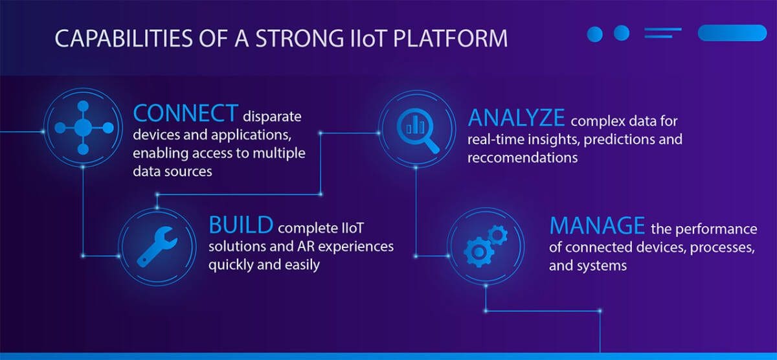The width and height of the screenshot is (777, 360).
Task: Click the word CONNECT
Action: point(186,113)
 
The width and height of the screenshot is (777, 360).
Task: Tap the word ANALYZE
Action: point(516,118)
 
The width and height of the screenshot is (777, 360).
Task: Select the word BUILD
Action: point(241,225)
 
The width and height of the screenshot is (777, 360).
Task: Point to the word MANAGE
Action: point(597,226)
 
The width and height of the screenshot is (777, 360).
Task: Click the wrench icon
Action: point(157,247)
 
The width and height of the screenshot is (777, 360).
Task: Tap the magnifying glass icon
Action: point(418,130)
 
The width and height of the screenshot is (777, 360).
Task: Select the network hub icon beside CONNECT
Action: point(84,128)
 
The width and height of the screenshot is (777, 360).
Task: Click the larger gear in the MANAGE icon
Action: point(479,252)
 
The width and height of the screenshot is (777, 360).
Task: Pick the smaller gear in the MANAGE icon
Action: point(497,235)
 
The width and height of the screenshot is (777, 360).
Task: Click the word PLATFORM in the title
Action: point(450,38)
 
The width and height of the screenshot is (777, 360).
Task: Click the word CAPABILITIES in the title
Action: point(124,38)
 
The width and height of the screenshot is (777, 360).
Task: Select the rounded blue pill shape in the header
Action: point(732,33)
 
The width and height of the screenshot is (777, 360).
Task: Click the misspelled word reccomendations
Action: point(523,158)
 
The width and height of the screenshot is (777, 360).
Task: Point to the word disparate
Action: point(272,117)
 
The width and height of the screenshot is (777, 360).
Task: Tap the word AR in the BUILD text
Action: point(305,246)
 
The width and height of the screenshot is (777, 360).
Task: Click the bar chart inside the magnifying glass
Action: point(415,126)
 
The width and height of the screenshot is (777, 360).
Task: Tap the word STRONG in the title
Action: point(300,38)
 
